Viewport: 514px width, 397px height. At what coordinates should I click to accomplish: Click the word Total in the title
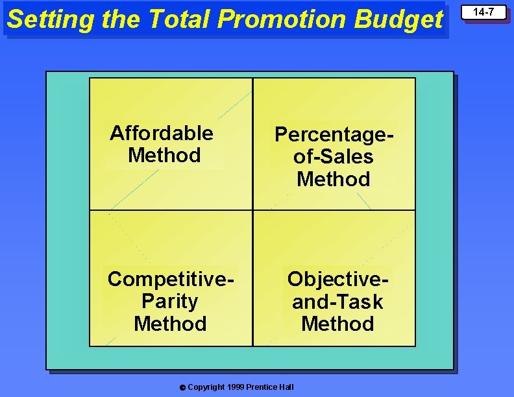coord(180,19)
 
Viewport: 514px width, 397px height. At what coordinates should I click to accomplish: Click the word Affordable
coord(162,133)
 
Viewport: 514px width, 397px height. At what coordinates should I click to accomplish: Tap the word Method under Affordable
coord(164,155)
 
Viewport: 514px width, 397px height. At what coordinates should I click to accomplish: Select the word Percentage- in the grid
coord(334,134)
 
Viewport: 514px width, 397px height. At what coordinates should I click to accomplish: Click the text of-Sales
coord(334,156)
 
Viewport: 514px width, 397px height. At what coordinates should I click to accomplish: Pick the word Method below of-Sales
coord(334,178)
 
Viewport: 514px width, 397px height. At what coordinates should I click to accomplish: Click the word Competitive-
coord(171,279)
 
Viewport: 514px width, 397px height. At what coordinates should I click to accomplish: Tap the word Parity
coord(169,301)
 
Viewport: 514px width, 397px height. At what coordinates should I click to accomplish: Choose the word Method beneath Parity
coord(170,323)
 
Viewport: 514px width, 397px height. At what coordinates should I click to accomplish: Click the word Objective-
coord(338,279)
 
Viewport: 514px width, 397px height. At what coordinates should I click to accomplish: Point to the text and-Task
coord(337,302)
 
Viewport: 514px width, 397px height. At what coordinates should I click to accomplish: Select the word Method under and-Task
coord(337,323)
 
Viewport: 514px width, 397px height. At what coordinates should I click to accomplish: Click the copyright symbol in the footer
coord(182,388)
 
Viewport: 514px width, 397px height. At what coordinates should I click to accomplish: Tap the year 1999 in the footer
coord(236,387)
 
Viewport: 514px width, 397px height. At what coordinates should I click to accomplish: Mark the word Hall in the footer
coord(286,387)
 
